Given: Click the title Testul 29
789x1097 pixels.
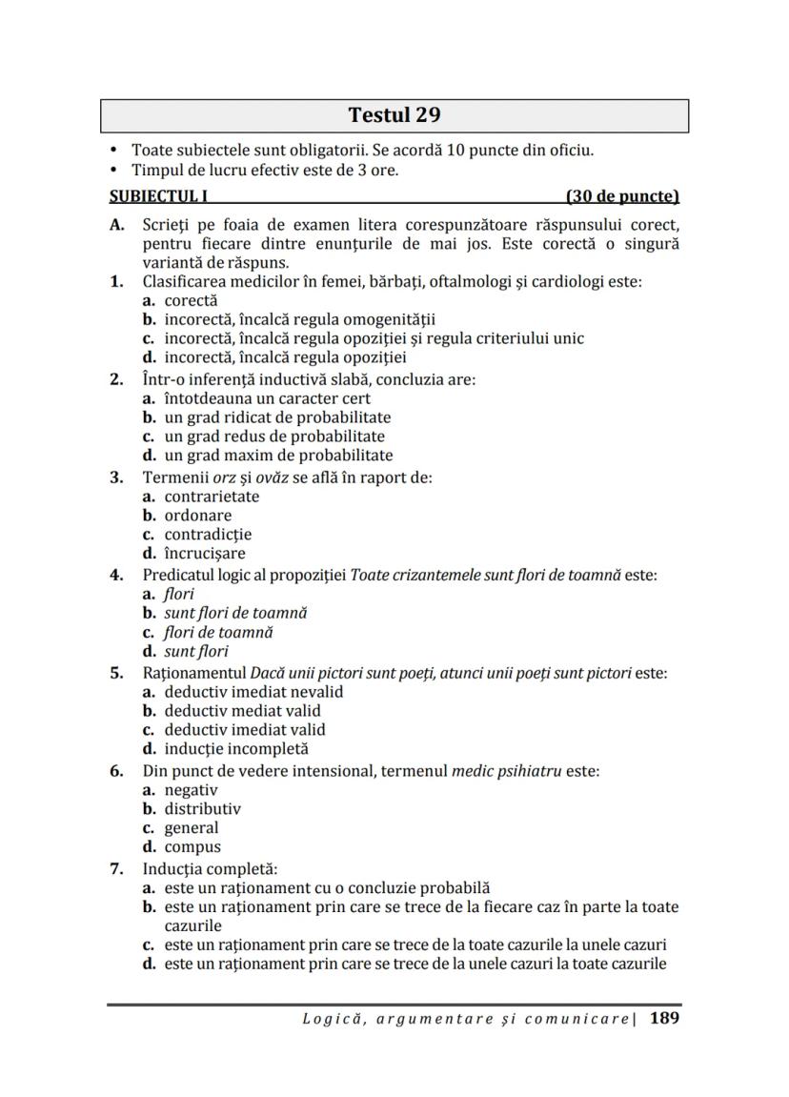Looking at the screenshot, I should pos(394,116).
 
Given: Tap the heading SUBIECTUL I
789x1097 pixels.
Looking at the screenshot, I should pos(158,197).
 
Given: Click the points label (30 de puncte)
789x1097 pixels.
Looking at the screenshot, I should pos(622,197).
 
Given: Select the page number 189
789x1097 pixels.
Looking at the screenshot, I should pos(665,1018).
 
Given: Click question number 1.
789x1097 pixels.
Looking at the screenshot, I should pos(117,282).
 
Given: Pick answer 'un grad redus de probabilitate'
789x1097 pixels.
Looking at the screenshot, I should pos(274,437).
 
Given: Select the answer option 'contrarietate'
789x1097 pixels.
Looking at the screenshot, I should pos(212,497).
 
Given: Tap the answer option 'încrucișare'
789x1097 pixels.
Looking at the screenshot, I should pos(205,554).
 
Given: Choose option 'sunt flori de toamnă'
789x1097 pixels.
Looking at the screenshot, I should pos(235,613).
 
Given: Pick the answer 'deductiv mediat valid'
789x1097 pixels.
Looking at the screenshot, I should pos(242,711).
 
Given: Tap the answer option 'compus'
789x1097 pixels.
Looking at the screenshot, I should pos(192,846).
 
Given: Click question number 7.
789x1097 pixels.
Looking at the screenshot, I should pos(117,869).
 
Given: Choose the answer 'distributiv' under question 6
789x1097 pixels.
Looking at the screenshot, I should pos(202,808).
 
